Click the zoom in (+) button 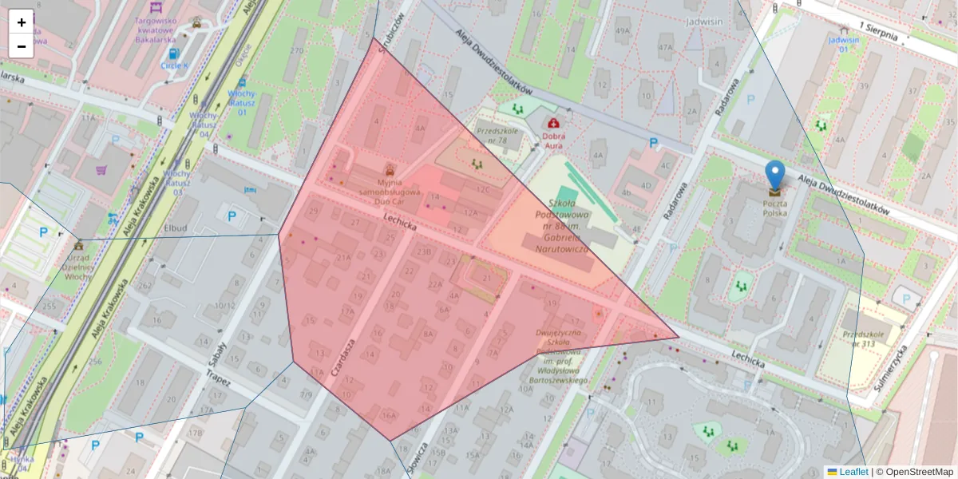point(22,22)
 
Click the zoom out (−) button point(22,46)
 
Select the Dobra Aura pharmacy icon point(552,123)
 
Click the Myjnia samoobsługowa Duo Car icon point(390,169)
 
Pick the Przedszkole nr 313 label point(869,339)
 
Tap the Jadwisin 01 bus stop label point(844,43)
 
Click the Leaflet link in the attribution point(853,472)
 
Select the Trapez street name point(218,378)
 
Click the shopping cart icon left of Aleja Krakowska point(101,169)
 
